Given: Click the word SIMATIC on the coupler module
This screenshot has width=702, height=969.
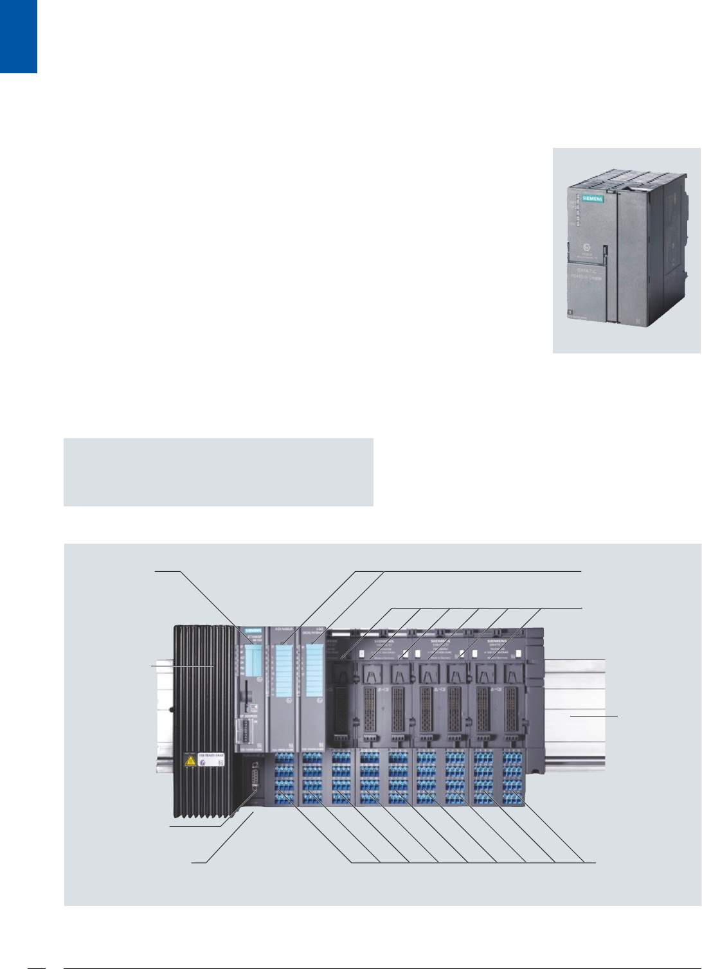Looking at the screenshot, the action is click(587, 274).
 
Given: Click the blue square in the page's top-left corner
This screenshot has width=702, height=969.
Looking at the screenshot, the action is click(18, 36).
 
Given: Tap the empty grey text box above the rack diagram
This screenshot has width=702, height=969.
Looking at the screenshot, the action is click(219, 472).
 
